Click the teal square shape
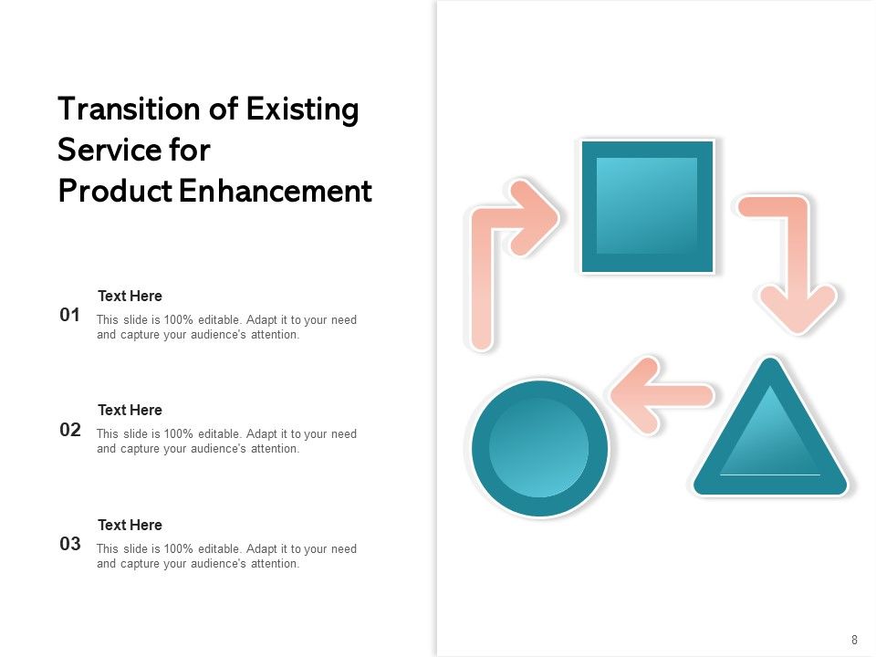647,206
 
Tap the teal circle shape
539,448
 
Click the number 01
70,316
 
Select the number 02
70,430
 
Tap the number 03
70,545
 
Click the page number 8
854,640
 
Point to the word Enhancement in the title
276,192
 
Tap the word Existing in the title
302,109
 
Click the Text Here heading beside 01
130,296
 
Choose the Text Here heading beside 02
130,410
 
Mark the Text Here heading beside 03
130,525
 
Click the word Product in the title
115,192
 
